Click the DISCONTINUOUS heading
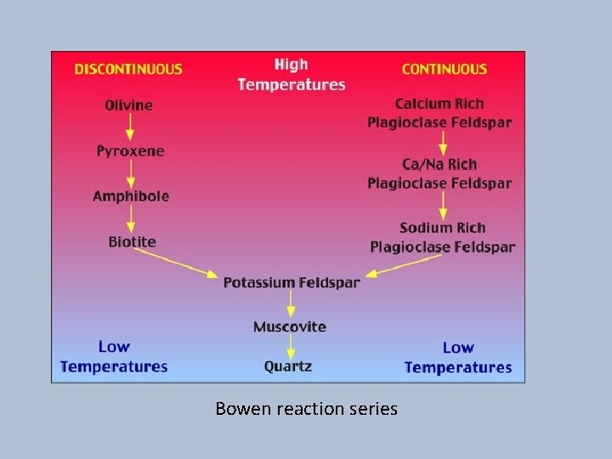[x=128, y=70]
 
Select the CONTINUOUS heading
[x=445, y=70]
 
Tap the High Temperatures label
[x=292, y=75]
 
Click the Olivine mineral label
[x=129, y=105]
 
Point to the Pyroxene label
[x=130, y=151]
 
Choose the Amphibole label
[x=131, y=196]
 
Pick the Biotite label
[x=132, y=241]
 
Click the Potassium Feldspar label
[x=292, y=282]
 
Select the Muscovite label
[x=290, y=326]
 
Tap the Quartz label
[x=288, y=366]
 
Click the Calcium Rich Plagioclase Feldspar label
[x=439, y=113]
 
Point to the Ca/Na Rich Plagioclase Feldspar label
[x=439, y=173]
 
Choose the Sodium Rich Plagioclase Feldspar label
[x=442, y=237]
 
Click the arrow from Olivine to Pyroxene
[x=130, y=127]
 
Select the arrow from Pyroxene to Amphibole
[x=130, y=173]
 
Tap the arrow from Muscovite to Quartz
[x=291, y=346]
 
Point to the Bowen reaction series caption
[x=306, y=409]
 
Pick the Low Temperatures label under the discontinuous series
[x=114, y=357]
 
